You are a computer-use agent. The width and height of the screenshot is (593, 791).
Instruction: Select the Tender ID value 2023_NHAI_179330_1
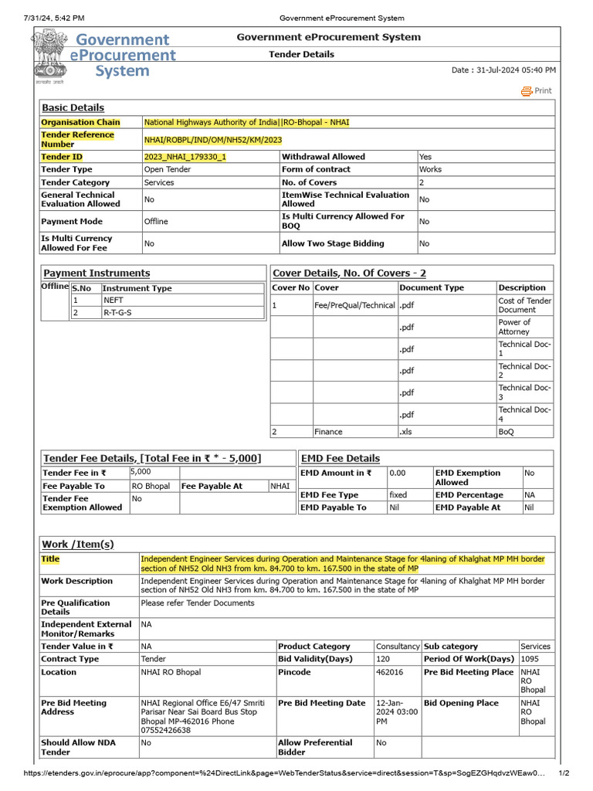pos(185,157)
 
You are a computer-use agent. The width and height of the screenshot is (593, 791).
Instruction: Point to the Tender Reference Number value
pos(213,140)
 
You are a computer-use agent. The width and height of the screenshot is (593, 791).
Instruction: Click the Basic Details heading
pos(73,108)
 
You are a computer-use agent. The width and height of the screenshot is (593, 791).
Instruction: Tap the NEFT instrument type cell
pos(114,300)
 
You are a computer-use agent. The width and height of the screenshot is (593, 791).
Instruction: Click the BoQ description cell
pos(507,432)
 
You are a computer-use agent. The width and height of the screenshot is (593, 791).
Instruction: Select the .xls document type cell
pos(406,432)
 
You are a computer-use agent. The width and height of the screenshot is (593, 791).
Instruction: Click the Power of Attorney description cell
pos(514,327)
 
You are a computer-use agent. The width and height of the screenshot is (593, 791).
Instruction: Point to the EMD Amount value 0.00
pos(398,473)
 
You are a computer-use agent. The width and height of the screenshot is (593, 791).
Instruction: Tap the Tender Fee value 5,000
pos(141,471)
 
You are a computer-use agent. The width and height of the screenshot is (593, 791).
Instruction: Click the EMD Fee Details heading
pos(340,458)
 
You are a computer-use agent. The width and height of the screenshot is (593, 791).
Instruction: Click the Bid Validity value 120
pos(383,659)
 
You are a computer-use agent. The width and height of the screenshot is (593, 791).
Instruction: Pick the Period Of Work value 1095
pos(530,659)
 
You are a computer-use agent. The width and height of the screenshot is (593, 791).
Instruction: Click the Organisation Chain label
pos(80,122)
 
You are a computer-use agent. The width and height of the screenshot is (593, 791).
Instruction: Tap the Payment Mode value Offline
pos(156,222)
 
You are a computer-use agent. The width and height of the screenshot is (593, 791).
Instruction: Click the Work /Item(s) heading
pos(77,545)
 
